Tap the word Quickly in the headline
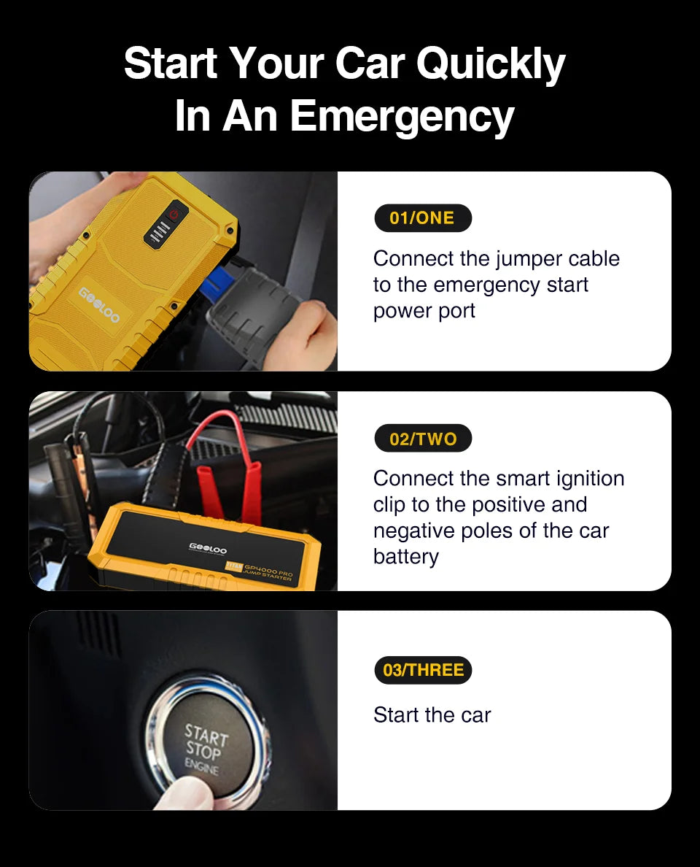point(491,63)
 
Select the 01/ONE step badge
point(422,217)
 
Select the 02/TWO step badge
point(423,439)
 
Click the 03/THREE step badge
point(423,670)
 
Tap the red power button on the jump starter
point(174,214)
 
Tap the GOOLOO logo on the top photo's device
point(100,305)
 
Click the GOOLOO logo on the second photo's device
point(208,549)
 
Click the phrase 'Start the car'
point(432,714)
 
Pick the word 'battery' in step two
point(405,556)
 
